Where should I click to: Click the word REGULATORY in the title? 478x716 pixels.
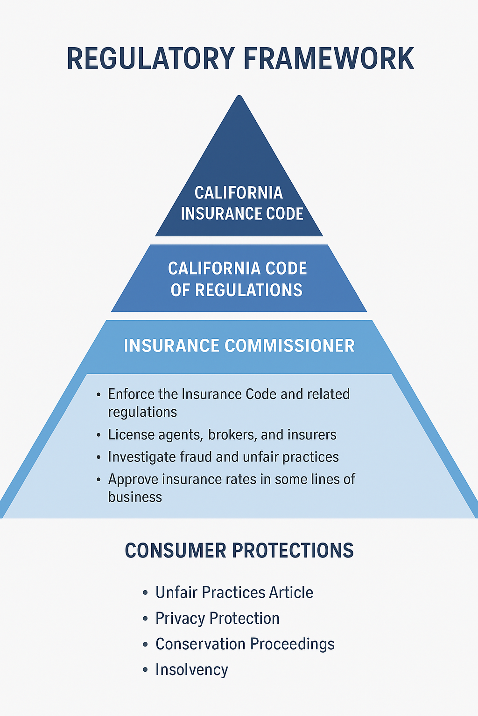(151, 59)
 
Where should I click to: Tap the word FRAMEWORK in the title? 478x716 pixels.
(329, 59)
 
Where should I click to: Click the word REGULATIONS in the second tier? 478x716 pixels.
(248, 290)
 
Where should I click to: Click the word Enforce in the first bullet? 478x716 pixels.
(131, 394)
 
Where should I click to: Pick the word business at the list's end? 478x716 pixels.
(135, 497)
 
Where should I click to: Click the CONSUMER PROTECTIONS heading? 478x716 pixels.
(239, 551)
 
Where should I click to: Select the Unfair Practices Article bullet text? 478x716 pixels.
(234, 592)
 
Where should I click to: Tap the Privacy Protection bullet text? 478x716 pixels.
(218, 619)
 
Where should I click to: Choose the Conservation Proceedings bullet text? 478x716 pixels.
(245, 644)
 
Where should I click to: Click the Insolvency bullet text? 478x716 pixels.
(192, 670)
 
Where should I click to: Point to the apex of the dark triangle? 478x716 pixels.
(239, 97)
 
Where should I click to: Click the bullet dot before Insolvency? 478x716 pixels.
(145, 670)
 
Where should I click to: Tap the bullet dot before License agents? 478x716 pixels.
(98, 435)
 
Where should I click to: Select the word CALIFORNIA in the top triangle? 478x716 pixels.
(239, 193)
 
